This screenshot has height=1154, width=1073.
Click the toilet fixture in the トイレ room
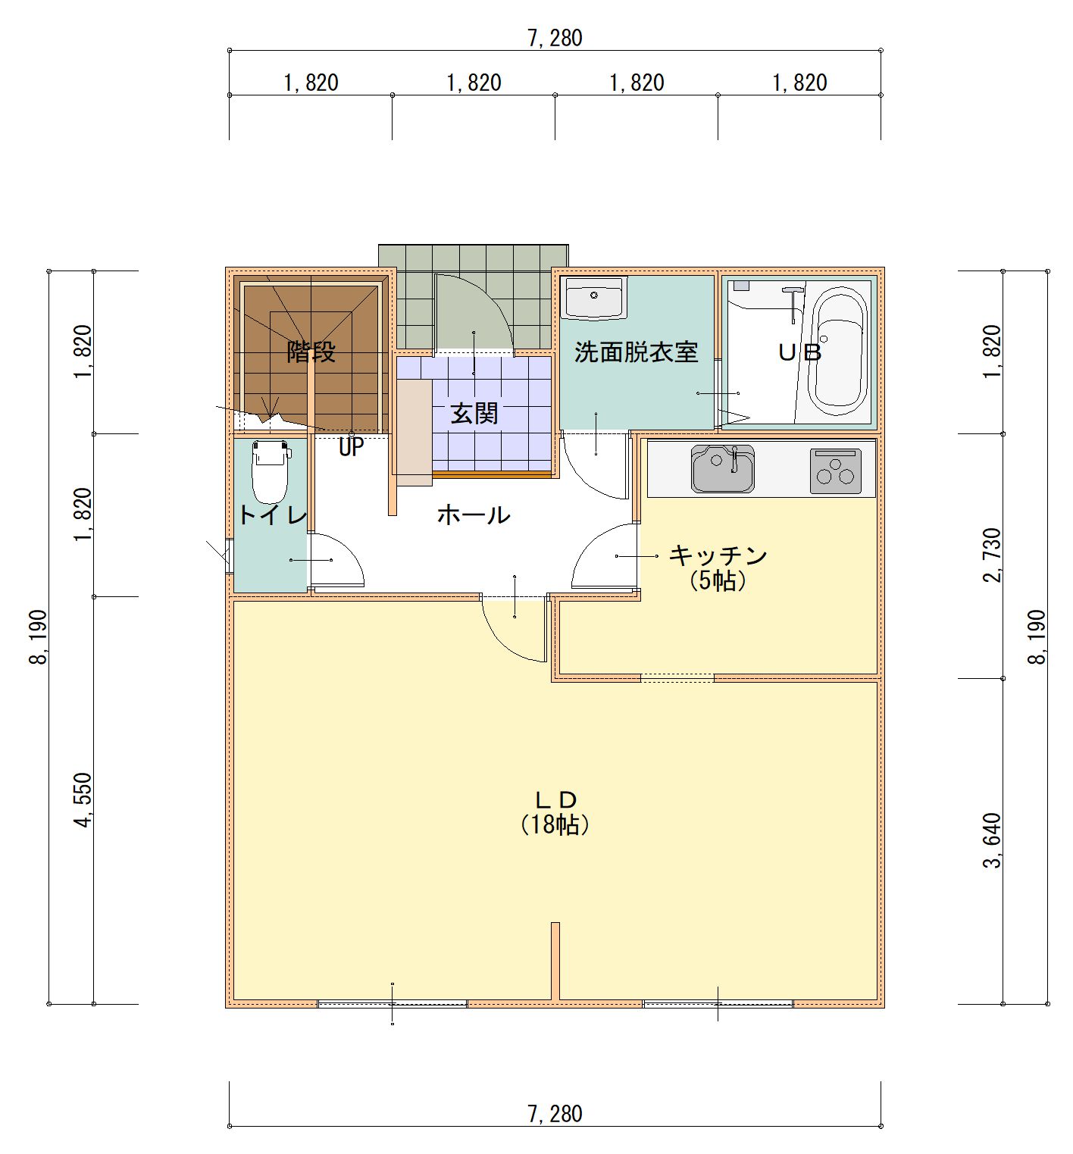pyautogui.click(x=270, y=471)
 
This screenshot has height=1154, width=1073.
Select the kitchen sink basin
pyautogui.click(x=723, y=468)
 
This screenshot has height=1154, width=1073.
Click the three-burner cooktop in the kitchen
pyautogui.click(x=836, y=471)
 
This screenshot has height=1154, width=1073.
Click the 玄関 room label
pyautogui.click(x=474, y=413)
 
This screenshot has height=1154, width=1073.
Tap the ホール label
pyautogui.click(x=474, y=515)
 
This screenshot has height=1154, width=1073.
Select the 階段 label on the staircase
pyautogui.click(x=311, y=352)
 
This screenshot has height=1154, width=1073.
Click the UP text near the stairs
pyautogui.click(x=351, y=447)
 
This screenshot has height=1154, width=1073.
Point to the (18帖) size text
pyautogui.click(x=555, y=824)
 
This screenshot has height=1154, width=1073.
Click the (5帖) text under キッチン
pyautogui.click(x=718, y=580)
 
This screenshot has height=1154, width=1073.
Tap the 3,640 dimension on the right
pyautogui.click(x=991, y=840)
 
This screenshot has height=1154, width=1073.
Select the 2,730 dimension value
pyautogui.click(x=991, y=555)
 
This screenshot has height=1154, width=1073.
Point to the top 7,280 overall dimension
pyautogui.click(x=555, y=38)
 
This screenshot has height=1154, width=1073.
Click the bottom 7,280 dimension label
pyautogui.click(x=555, y=1114)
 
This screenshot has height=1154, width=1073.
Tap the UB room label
pyautogui.click(x=800, y=352)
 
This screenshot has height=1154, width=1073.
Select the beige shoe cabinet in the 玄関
pyautogui.click(x=413, y=432)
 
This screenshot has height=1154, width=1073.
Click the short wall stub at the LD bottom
pyautogui.click(x=555, y=961)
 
